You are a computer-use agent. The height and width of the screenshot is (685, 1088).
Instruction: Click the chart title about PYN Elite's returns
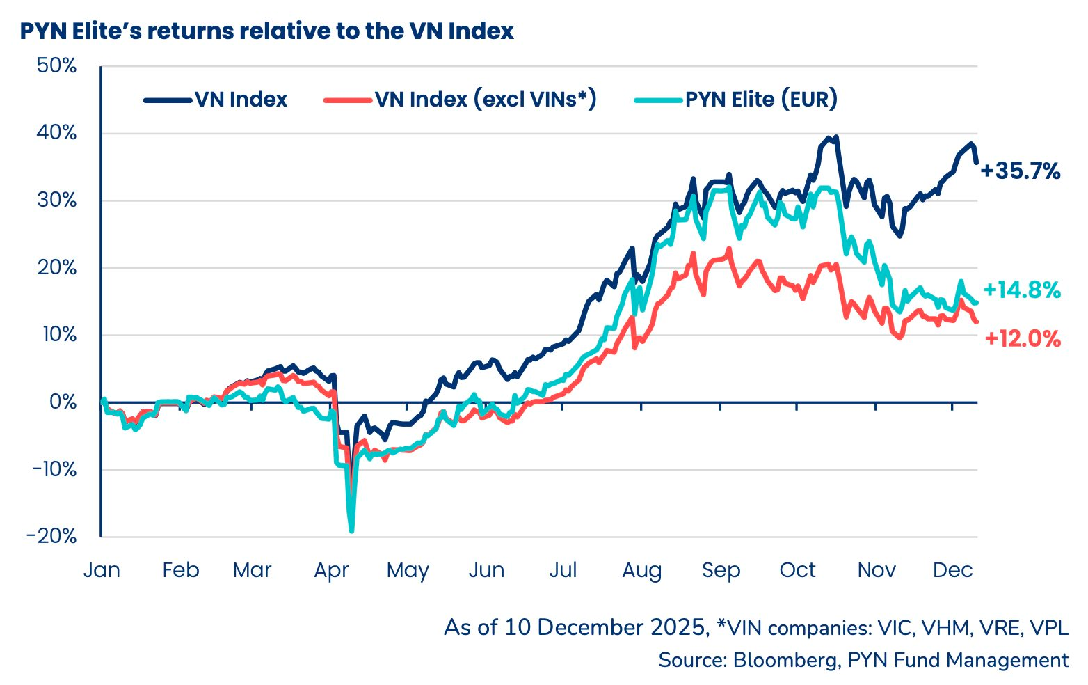pos(266,31)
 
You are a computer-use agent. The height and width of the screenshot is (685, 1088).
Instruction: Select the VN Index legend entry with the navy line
pos(216,100)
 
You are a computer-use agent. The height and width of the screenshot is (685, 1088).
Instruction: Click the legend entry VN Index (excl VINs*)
pos(461,100)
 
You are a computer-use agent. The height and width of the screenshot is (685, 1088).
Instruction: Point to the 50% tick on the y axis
pos(56,66)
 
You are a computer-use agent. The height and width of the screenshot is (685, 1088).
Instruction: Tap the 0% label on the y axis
pos(63,402)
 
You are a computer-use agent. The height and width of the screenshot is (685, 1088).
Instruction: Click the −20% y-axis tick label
pos(51,536)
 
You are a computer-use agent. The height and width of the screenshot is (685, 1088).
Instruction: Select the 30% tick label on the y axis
pos(56,200)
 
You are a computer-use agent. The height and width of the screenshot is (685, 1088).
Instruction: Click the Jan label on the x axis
pos(102,570)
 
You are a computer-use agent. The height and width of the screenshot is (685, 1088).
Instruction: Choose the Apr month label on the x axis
pos(331,570)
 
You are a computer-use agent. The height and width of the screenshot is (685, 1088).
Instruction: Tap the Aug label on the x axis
pos(641,570)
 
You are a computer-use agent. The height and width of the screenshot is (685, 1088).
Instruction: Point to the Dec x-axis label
pos(952,570)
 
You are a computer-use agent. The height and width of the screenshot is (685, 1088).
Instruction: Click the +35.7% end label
pos(1021,171)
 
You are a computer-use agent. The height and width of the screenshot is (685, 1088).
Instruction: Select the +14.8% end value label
pos(1021,290)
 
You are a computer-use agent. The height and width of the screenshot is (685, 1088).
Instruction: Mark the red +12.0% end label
pos(1023,339)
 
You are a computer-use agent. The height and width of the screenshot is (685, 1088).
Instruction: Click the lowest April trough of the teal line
pos(351,531)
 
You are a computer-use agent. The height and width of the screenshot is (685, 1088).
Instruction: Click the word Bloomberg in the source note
pos(783,659)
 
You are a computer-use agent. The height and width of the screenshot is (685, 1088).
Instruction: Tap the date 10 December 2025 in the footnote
pos(605,627)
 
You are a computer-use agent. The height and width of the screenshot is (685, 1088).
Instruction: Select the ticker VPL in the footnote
pos(1048,627)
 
